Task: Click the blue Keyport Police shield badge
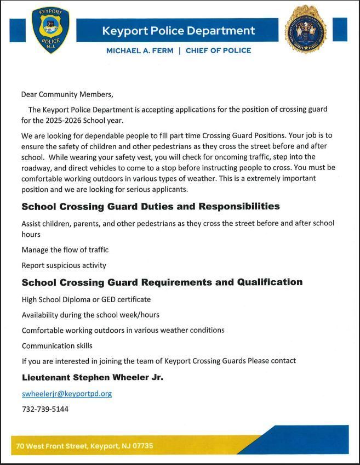point(50,30)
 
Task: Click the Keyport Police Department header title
point(179,31)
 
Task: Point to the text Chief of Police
point(218,50)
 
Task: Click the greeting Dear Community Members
point(67,94)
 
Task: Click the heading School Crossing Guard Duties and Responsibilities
point(151,207)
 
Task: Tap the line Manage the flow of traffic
point(65,249)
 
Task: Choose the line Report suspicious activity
point(64,265)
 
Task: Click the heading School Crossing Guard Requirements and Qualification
point(162,282)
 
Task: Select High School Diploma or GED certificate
point(86,299)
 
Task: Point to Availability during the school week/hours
point(90,315)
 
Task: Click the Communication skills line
point(57,345)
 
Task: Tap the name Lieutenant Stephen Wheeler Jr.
point(92,378)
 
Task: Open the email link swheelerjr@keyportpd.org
point(67,394)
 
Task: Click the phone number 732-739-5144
point(45,409)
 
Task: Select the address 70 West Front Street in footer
point(84,446)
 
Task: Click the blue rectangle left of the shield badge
point(18,30)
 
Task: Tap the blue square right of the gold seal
point(340,30)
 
